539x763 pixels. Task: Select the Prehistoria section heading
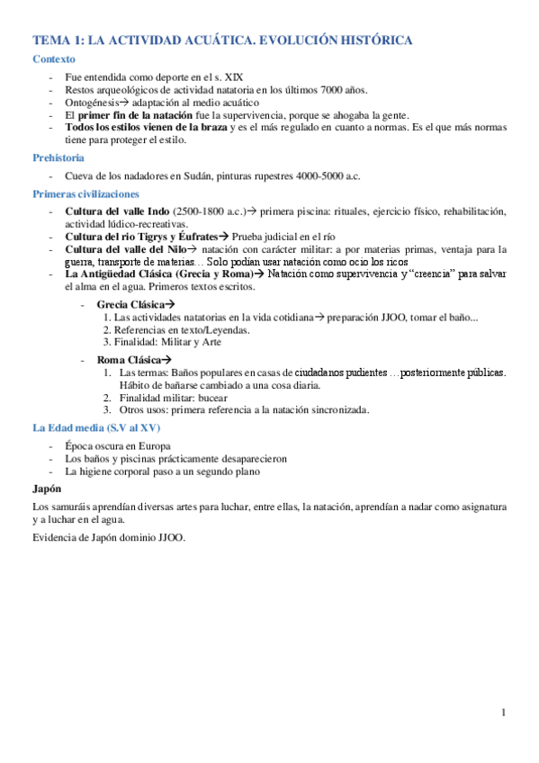click(x=58, y=157)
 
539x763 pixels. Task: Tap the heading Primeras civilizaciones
click(x=85, y=193)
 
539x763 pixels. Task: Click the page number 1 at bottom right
click(x=505, y=714)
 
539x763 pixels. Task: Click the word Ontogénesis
click(x=94, y=103)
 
